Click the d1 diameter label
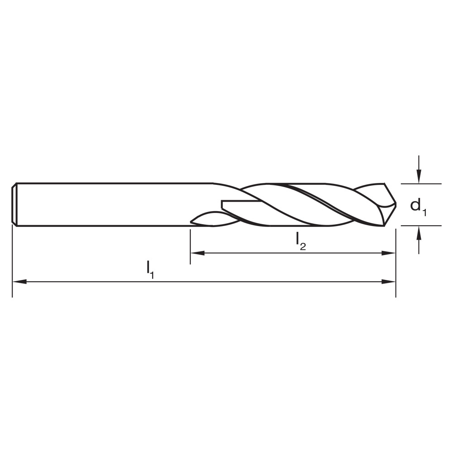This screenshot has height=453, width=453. [x=418, y=206]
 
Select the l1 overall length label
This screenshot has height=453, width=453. [x=150, y=269]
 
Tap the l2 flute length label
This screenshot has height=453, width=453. [x=301, y=241]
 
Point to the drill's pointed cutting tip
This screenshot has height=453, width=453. [x=395, y=205]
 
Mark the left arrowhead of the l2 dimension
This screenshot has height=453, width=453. [x=196, y=253]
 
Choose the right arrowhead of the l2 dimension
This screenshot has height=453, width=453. [x=390, y=253]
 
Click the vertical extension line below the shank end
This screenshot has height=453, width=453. [x=12, y=263]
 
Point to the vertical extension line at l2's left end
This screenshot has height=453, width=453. [x=190, y=247]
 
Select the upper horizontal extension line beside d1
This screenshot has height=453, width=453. [x=421, y=184]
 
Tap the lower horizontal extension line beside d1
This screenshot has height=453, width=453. [x=421, y=226]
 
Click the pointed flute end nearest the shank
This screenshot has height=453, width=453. [x=192, y=221]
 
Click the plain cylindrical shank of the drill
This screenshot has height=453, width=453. [x=113, y=204]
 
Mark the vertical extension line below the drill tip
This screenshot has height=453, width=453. [x=396, y=267]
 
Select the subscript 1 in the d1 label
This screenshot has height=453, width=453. [x=424, y=210]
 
